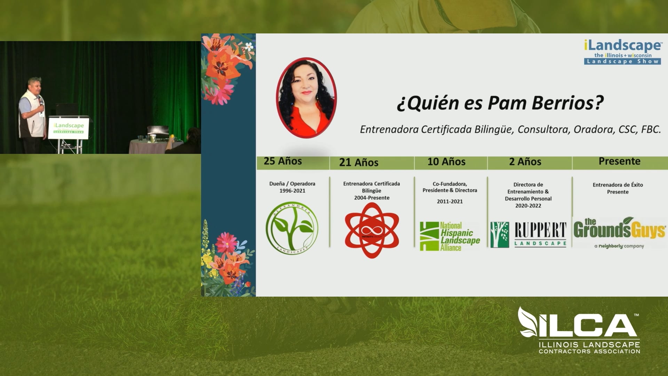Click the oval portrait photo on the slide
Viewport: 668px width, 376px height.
click(x=306, y=98)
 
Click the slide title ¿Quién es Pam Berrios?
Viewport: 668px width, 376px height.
click(x=500, y=103)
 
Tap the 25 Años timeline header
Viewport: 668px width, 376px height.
click(x=283, y=161)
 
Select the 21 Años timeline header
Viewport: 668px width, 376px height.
click(x=359, y=163)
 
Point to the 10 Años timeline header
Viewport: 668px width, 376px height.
click(x=446, y=162)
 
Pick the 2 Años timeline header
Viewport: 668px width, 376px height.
click(x=525, y=162)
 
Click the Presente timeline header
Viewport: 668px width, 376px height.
click(x=619, y=161)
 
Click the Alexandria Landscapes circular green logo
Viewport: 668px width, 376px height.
click(x=292, y=228)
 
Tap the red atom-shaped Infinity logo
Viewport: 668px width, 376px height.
click(x=372, y=230)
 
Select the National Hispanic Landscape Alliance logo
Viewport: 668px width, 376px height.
click(x=450, y=236)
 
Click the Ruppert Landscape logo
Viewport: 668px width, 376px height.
click(x=528, y=235)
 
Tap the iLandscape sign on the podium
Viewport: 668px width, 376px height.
click(x=69, y=128)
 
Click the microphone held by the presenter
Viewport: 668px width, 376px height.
click(x=41, y=102)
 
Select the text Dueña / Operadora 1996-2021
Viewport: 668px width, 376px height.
click(x=292, y=187)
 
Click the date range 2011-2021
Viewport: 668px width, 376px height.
click(x=450, y=201)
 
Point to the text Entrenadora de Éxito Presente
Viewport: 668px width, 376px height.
click(x=618, y=188)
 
